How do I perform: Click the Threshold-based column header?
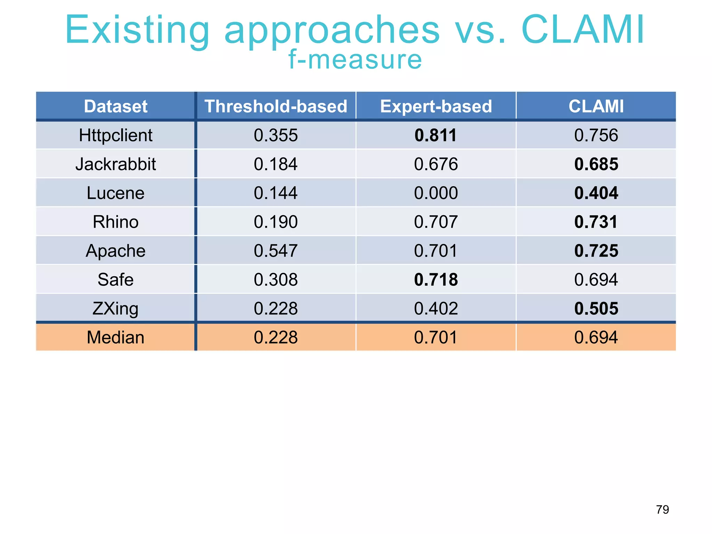click(x=276, y=106)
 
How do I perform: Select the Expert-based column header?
click(x=436, y=106)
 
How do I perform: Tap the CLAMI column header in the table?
click(x=596, y=106)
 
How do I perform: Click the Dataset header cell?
click(x=116, y=106)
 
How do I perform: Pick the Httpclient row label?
click(x=116, y=135)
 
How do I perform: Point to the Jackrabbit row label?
click(x=116, y=164)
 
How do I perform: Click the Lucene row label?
click(x=116, y=193)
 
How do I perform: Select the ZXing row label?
click(x=116, y=308)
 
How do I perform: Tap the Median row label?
click(x=116, y=337)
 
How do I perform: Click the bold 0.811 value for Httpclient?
click(x=436, y=135)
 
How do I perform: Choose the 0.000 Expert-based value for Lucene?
click(x=436, y=193)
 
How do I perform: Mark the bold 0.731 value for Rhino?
click(x=596, y=222)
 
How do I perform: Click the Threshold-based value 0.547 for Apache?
click(x=276, y=251)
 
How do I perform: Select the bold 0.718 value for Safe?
click(x=436, y=280)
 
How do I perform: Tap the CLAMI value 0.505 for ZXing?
click(x=596, y=308)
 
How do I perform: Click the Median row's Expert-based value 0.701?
click(x=436, y=337)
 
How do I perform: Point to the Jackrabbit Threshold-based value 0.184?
click(x=276, y=164)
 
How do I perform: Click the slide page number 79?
click(x=662, y=510)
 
